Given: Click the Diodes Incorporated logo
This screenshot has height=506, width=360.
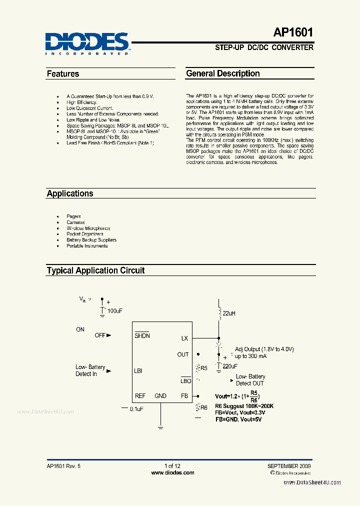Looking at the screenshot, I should pos(87,42).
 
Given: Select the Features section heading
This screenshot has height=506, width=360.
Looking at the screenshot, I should pos(63,74).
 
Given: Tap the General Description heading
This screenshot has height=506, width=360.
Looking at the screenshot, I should pos(223,73).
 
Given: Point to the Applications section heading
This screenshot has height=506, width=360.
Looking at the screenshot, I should pos(70,193).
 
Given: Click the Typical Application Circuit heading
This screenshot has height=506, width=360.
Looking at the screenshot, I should pos(95,270).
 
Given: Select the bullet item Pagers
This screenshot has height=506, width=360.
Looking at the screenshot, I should pos(73,216).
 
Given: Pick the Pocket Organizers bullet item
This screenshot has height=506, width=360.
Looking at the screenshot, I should pos(85,234).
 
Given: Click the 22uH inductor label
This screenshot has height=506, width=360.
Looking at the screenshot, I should pos(229,313).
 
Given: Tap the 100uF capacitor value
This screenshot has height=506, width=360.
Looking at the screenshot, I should pos(115,311).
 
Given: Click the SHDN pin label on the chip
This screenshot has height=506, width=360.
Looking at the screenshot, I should pos(142,336).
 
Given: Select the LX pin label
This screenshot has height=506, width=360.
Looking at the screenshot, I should pos(184,338).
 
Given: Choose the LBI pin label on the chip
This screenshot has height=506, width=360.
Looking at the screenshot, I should pos(138,371).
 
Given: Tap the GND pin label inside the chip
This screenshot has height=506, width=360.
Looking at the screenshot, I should pos(160,396).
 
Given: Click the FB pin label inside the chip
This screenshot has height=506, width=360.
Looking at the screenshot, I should pos(184,396).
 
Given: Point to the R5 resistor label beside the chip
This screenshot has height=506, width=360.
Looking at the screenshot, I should pos(203,368).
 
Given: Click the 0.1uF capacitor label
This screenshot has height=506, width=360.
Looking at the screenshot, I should pos(136,409).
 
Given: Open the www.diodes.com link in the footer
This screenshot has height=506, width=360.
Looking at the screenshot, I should pos(172,472).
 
